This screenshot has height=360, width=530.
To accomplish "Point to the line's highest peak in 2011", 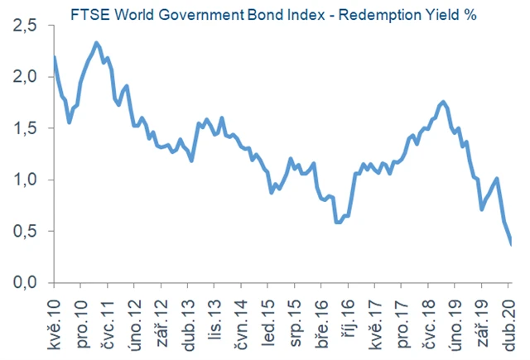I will point(97,42).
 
